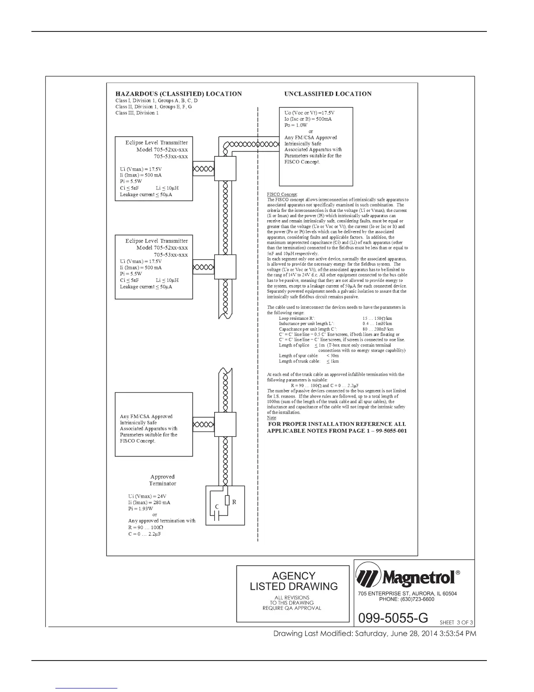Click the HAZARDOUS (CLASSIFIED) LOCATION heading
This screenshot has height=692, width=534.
(178, 94)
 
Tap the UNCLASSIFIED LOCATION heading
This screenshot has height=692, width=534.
(328, 94)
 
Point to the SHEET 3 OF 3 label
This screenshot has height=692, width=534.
(456, 623)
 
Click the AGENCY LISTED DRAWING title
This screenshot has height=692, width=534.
(293, 581)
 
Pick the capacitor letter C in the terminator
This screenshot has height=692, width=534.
(216, 507)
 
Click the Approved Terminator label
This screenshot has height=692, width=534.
(162, 480)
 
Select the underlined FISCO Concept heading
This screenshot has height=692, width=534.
(282, 194)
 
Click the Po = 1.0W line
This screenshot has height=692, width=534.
(296, 125)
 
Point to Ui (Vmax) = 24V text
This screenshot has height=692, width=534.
(147, 496)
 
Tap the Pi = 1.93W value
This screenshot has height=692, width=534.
(140, 509)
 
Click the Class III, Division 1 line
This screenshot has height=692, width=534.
(137, 113)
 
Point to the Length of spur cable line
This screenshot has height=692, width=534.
(309, 356)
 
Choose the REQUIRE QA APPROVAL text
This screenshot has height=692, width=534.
(291, 608)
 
